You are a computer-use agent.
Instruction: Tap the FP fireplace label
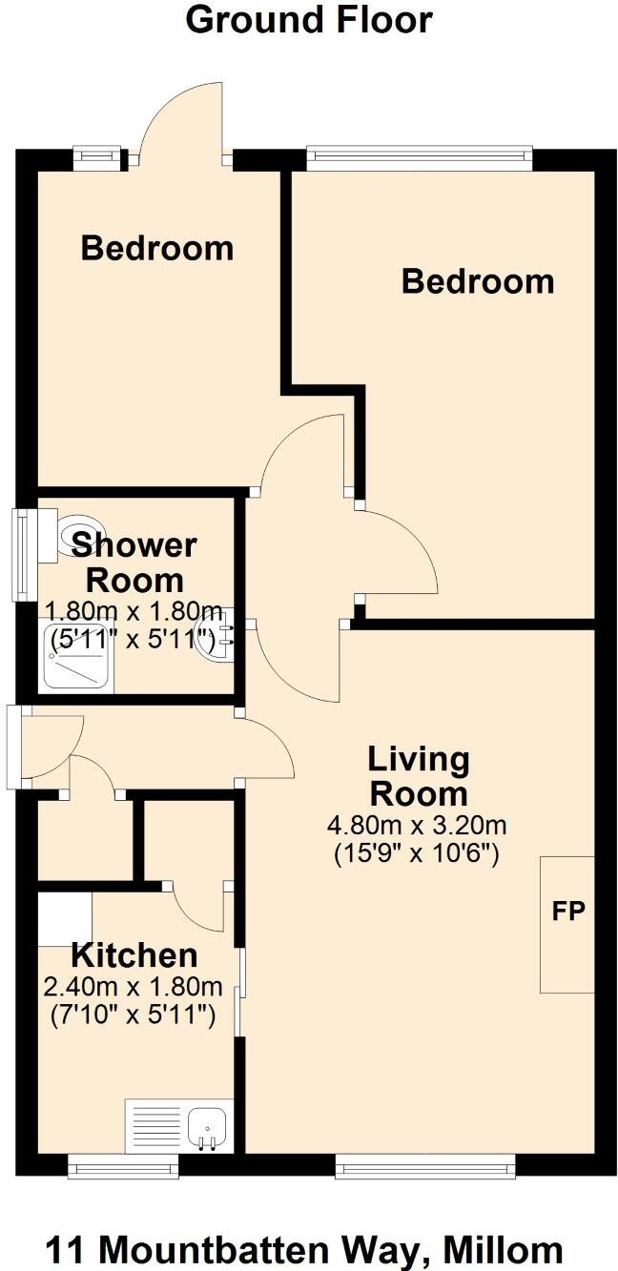click(x=568, y=910)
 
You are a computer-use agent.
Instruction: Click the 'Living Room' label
click(x=419, y=776)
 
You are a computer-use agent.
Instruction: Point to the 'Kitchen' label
click(x=135, y=954)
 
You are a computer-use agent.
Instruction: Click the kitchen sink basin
click(x=206, y=1126)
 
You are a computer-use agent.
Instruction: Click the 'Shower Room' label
click(x=134, y=563)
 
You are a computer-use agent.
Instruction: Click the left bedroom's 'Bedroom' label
click(x=157, y=248)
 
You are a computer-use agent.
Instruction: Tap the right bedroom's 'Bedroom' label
click(x=478, y=281)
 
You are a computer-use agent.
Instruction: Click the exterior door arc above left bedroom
click(x=181, y=114)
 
